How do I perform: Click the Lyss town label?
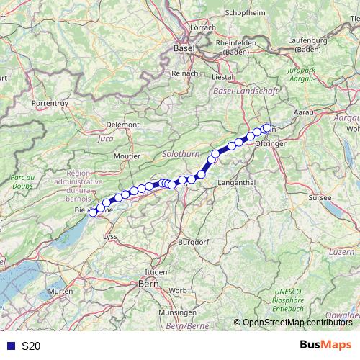tap(111, 236)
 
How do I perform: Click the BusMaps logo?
tap(325, 346)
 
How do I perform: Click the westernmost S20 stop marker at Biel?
tap(92, 212)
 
